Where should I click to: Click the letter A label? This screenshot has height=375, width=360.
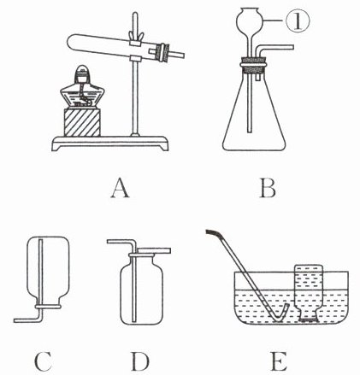click(120, 189)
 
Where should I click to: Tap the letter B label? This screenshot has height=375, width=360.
click(268, 189)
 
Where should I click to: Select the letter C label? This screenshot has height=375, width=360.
click(43, 361)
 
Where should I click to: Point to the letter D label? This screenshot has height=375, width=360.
click(140, 361)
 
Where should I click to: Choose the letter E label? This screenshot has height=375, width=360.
click(278, 361)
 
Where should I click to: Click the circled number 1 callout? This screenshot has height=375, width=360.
click(298, 21)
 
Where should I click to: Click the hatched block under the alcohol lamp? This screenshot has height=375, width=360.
click(82, 122)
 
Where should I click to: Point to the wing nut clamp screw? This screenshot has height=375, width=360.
click(135, 37)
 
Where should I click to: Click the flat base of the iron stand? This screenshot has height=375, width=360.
click(110, 144)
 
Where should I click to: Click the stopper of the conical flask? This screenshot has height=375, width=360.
click(254, 65)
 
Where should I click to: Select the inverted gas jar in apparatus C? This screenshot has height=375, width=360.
click(48, 272)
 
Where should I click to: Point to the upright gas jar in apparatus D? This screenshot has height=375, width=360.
click(142, 289)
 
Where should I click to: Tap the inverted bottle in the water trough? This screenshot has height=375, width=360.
click(309, 293)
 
